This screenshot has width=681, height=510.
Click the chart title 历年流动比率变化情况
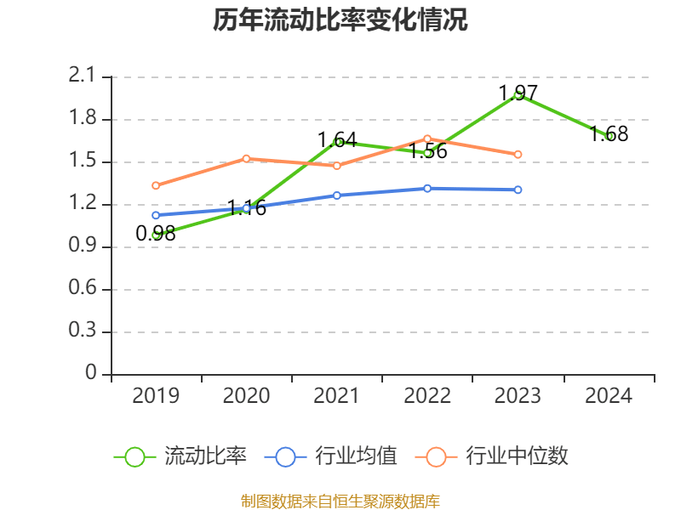pos(340,20)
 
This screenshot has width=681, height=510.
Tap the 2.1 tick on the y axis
pos(83,76)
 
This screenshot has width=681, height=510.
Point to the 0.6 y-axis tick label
pos(83,289)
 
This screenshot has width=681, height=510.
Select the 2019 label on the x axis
pos(156,395)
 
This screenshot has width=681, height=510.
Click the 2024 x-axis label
pos(609,395)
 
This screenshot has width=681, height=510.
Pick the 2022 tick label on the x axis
pos(427,395)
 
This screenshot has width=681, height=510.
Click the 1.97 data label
pos(518,92)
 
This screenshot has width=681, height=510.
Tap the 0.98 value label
pos(156,234)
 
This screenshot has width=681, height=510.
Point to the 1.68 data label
pos(609,133)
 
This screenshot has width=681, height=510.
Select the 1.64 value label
pos(337,139)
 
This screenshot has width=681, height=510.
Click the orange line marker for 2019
pos(156,185)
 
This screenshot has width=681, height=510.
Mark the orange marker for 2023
pos(518,155)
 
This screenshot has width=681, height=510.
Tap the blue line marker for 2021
pos(337,195)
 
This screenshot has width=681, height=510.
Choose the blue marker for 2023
pos(518,190)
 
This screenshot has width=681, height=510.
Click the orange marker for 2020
pos(246,158)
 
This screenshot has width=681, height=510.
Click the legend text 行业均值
pos(356,456)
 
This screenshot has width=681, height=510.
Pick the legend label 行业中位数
pos(517,456)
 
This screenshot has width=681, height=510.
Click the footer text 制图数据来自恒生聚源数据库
pos(340,501)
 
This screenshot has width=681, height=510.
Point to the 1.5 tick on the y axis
pos(83,161)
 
